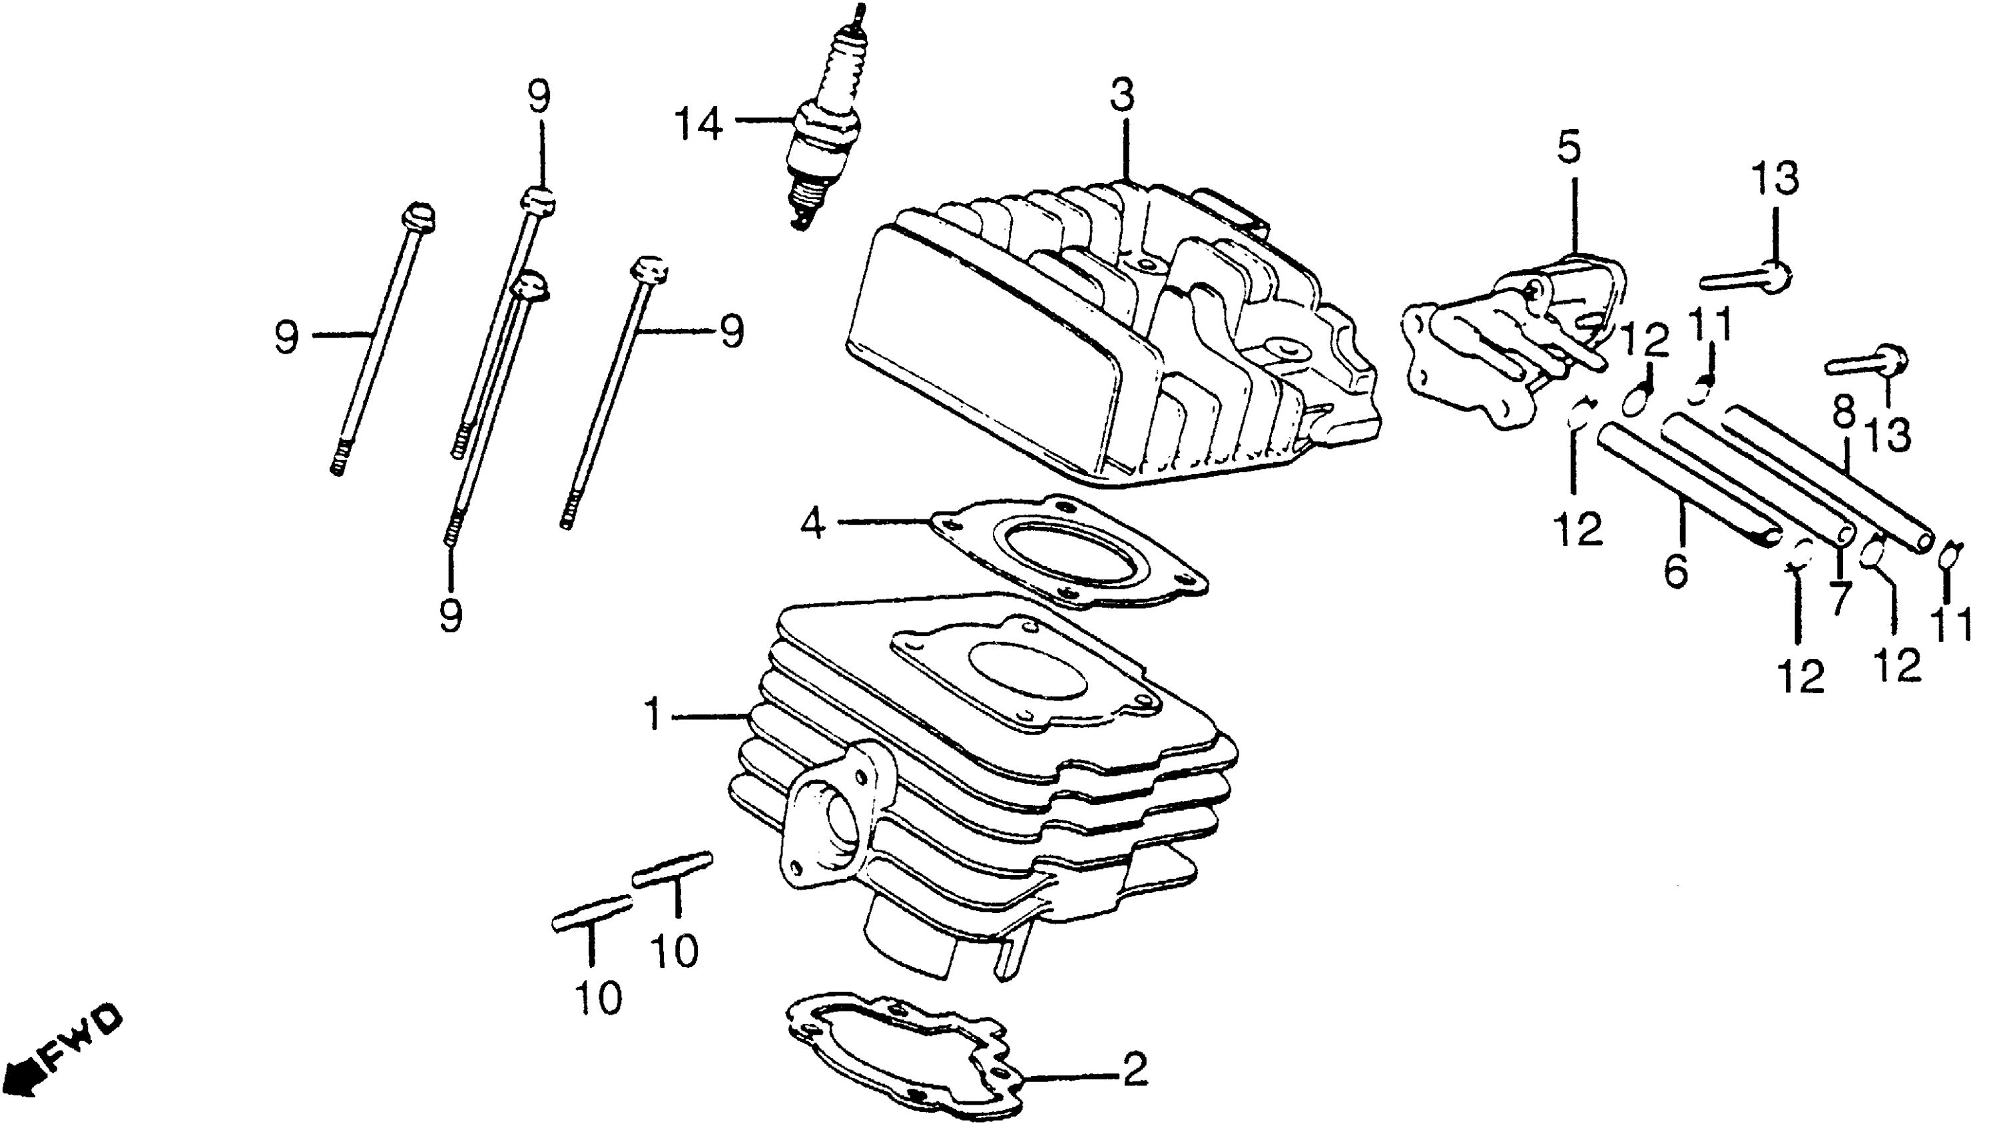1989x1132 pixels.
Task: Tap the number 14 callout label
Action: pyautogui.click(x=698, y=125)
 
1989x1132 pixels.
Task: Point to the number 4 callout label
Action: pyautogui.click(x=812, y=524)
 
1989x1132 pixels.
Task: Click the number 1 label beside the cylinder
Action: pyautogui.click(x=654, y=714)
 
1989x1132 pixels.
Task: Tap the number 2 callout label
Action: pyautogui.click(x=1134, y=1070)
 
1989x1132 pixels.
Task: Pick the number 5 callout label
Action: pyautogui.click(x=1569, y=148)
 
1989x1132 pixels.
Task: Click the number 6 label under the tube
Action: pyautogui.click(x=1677, y=571)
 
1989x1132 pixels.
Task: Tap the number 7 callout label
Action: pyautogui.click(x=1840, y=597)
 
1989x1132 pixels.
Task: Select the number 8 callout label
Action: pyautogui.click(x=1845, y=414)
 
